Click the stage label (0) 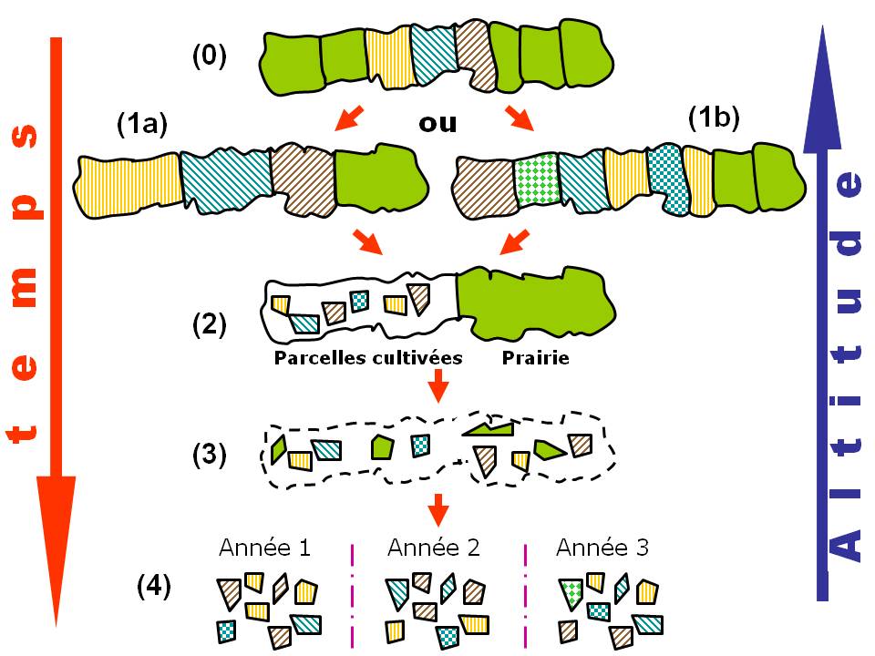coord(209,56)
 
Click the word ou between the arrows coord(437,123)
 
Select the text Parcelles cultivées coord(368,358)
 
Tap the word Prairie coord(535,358)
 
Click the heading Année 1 coord(264,548)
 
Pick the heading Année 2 coord(434,548)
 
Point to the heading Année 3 coord(602,548)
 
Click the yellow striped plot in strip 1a coord(129,185)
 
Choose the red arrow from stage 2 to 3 coord(438,385)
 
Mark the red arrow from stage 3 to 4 coord(438,508)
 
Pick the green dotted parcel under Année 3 coord(571,594)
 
